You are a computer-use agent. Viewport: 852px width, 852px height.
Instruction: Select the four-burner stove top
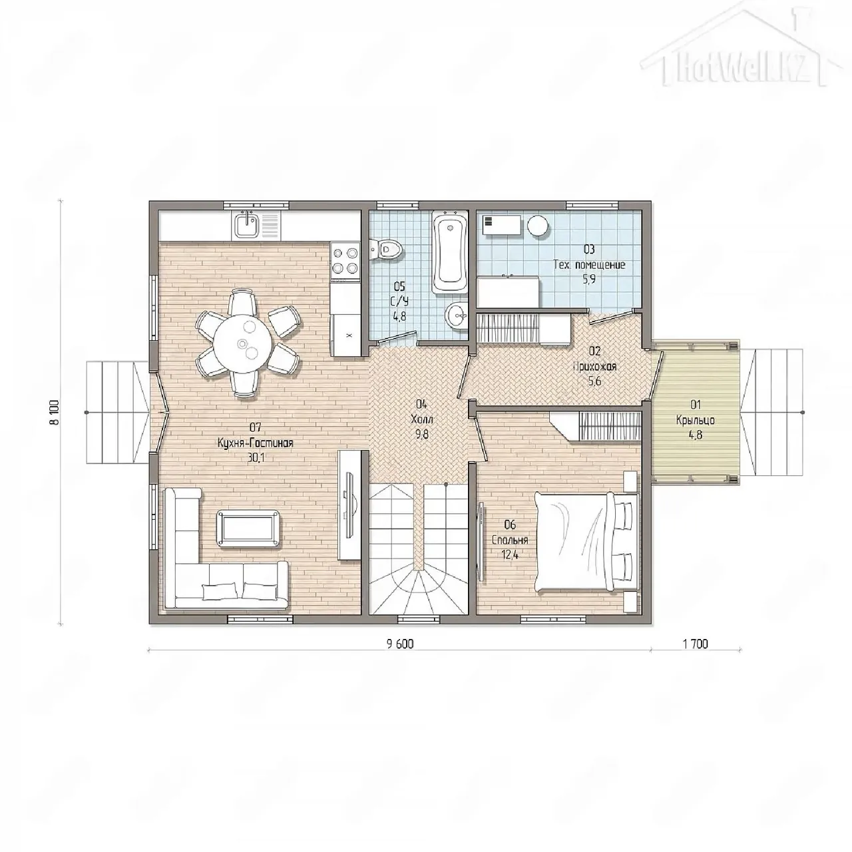click(345, 260)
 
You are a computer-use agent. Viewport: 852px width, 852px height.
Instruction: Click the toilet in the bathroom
click(386, 250)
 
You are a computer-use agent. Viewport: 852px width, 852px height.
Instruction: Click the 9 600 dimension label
click(399, 644)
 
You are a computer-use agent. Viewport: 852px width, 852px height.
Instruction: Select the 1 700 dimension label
click(696, 644)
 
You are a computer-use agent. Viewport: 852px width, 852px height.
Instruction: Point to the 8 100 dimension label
click(55, 413)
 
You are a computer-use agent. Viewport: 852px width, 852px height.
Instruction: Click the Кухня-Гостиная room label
click(255, 443)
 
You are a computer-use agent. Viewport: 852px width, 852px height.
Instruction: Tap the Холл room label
click(422, 419)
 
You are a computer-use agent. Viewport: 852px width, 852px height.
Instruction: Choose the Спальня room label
click(510, 540)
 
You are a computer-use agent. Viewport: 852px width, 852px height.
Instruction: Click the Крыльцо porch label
click(695, 420)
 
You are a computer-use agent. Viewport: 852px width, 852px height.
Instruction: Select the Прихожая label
click(594, 366)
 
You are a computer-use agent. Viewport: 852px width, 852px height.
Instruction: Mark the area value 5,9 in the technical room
click(589, 280)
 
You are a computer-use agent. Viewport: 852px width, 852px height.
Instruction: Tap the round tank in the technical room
click(538, 226)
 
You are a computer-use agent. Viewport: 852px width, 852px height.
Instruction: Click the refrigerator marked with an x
click(345, 335)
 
